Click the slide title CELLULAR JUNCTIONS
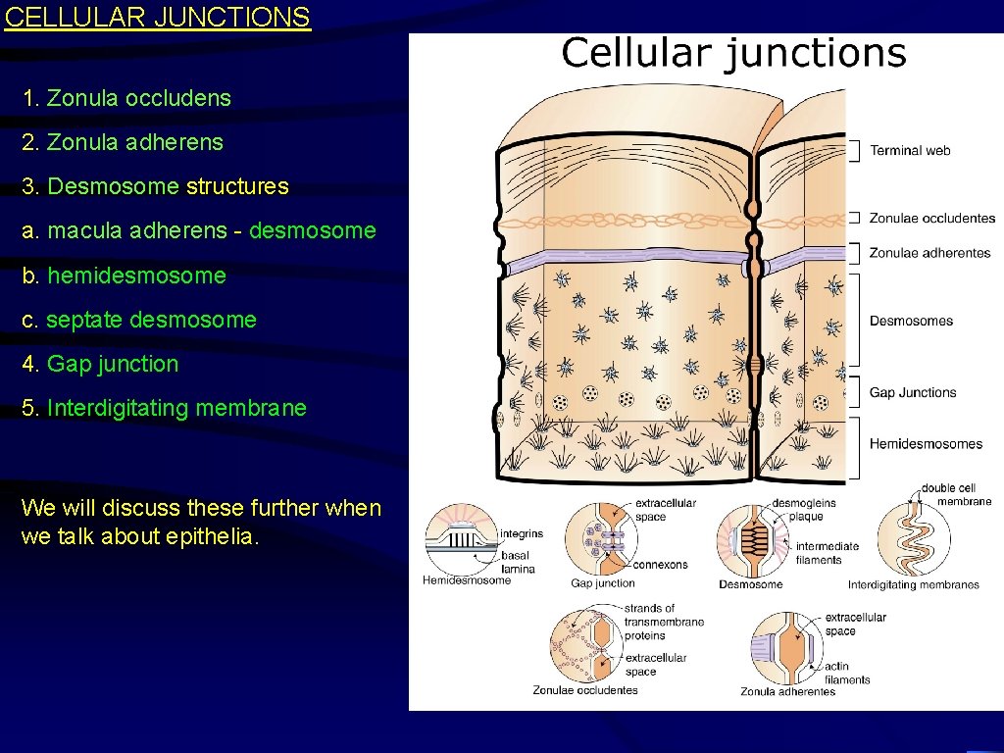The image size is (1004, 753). pos(157,18)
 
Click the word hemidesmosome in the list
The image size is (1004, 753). pos(136,276)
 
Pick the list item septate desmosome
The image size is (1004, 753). pos(151,320)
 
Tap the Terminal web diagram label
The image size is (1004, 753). pos(910,150)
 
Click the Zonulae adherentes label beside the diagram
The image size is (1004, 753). pos(929,253)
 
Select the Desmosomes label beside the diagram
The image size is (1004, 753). pos(911,321)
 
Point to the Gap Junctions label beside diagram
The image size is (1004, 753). pos(913,392)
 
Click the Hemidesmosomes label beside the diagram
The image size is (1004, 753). pos(926,443)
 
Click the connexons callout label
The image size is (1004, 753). pos(660,565)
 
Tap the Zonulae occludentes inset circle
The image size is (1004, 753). pos(585,643)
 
